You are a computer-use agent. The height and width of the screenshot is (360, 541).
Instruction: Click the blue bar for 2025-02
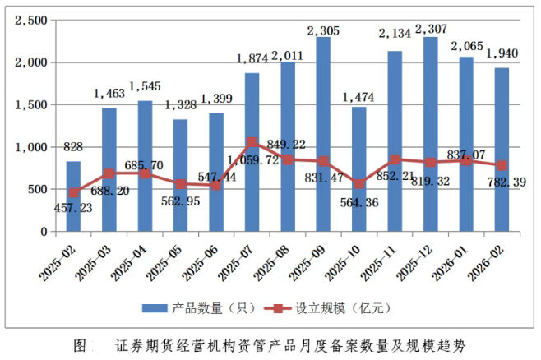click(73, 196)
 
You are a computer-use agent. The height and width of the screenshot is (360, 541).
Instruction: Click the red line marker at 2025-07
click(252, 143)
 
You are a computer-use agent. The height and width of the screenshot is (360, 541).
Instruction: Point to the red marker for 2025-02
click(73, 192)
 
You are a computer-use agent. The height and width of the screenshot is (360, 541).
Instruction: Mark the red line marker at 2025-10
click(358, 183)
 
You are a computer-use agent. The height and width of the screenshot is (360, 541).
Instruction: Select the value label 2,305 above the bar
click(323, 30)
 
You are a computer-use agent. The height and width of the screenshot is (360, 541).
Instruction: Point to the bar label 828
click(73, 146)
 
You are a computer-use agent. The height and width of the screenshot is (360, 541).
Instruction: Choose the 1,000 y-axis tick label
click(31, 147)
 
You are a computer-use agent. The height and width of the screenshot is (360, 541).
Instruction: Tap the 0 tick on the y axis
click(44, 232)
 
